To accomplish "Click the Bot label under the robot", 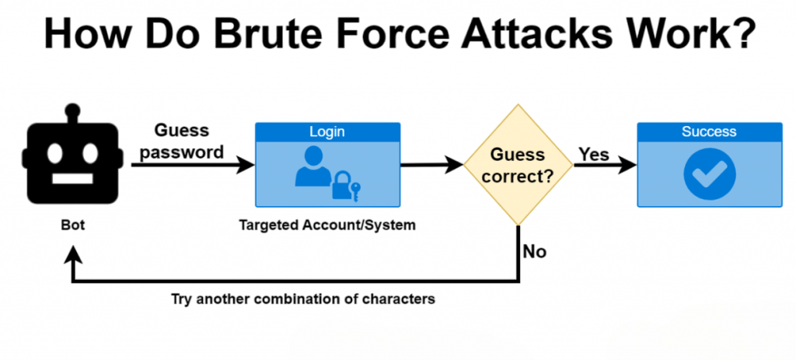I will (x=72, y=226).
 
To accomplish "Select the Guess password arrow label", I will (x=180, y=142).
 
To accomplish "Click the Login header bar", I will (x=327, y=131).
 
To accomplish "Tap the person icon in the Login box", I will (x=312, y=168).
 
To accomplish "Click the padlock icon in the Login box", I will (x=340, y=186).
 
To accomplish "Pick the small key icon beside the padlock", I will (x=355, y=189).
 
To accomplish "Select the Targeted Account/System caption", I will (x=327, y=226).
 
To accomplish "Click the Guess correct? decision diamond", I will (x=518, y=165).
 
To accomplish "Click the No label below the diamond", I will (x=534, y=251).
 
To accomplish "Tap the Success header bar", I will (x=708, y=131).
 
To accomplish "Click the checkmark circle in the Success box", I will (x=708, y=175).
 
